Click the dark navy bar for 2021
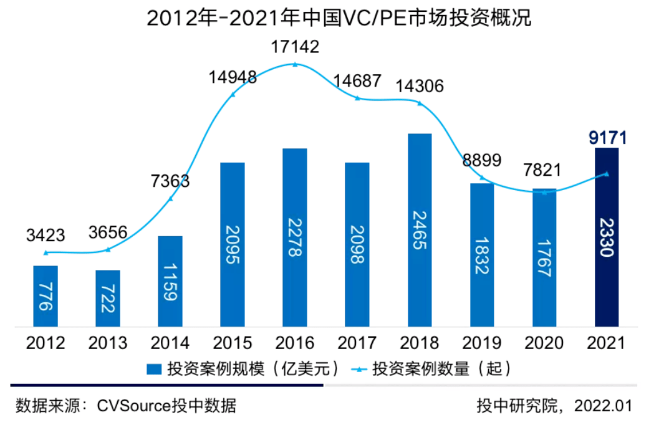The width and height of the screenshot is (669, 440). click(606, 237)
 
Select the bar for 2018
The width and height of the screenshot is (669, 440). click(420, 230)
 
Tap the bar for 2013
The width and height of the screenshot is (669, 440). click(107, 299)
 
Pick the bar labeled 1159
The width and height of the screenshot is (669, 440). click(170, 282)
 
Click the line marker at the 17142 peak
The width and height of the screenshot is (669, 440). click(296, 64)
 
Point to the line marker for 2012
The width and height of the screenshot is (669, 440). click(46, 253)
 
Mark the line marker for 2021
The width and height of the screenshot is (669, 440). click(606, 173)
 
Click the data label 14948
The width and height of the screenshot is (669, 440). click(233, 77)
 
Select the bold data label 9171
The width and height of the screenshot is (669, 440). click(607, 138)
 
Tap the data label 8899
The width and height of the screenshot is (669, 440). click(482, 160)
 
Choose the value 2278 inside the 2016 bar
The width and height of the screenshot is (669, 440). click(295, 237)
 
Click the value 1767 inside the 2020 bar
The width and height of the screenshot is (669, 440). click(544, 258)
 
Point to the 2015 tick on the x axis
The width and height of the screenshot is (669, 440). click(233, 343)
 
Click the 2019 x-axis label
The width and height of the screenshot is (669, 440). click(482, 343)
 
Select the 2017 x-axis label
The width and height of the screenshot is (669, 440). click(357, 343)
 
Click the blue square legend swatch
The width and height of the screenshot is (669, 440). click(154, 369)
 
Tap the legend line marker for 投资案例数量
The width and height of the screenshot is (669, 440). click(359, 369)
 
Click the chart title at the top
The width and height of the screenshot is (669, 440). click(339, 18)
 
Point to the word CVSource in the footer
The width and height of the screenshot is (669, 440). click(133, 406)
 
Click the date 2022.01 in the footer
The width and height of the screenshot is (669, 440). click(603, 406)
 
